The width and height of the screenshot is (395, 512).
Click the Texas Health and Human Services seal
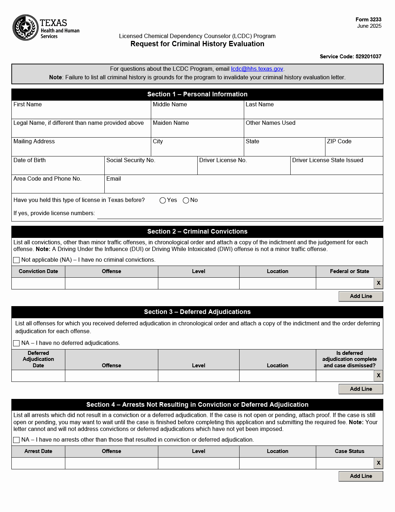26,27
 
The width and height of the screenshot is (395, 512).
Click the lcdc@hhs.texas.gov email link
257,69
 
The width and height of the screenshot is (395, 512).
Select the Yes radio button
163,201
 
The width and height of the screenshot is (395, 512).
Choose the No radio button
186,201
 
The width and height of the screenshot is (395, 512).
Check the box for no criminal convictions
16,260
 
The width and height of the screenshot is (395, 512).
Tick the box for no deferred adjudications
16,343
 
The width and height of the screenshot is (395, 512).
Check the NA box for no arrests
16,440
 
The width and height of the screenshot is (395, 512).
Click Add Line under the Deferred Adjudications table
361,389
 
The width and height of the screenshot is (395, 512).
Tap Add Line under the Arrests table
361,476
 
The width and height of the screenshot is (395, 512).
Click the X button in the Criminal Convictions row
379,283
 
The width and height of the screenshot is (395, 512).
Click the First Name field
81,113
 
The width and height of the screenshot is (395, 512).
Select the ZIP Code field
354,150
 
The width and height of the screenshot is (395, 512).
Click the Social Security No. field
151,168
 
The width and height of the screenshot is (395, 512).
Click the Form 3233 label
368,20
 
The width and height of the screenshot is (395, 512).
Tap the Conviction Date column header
38,271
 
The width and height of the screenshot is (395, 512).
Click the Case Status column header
350,451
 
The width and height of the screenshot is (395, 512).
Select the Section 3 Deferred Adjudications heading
197,312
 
